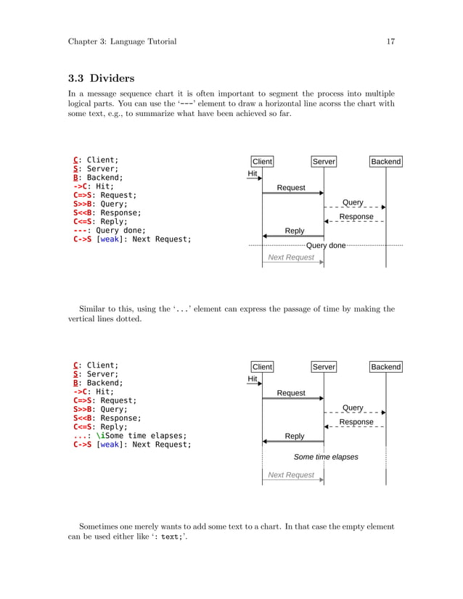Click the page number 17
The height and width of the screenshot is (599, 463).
pyautogui.click(x=390, y=41)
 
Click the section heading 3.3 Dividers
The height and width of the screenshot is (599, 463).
pyautogui.click(x=103, y=78)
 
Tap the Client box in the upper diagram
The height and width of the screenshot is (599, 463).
pyautogui.click(x=262, y=162)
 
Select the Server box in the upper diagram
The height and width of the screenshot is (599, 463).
pyautogui.click(x=324, y=162)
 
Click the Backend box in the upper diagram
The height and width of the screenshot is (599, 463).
pyautogui.click(x=385, y=162)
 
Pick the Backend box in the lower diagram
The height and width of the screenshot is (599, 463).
pyautogui.click(x=385, y=367)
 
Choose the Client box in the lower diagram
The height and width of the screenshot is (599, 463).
pyautogui.click(x=262, y=367)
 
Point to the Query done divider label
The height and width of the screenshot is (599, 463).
pyautogui.click(x=326, y=246)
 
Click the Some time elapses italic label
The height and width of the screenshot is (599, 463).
pyautogui.click(x=326, y=458)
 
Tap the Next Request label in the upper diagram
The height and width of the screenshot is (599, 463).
pyautogui.click(x=291, y=257)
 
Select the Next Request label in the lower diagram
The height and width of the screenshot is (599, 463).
pyautogui.click(x=291, y=475)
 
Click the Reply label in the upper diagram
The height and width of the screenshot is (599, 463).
pyautogui.click(x=295, y=231)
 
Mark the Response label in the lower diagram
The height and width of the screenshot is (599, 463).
pyautogui.click(x=356, y=422)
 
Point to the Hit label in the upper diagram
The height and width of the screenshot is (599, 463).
pyautogui.click(x=253, y=174)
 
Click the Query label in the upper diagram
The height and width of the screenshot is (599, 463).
pyautogui.click(x=353, y=202)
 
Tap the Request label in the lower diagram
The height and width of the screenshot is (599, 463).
pyautogui.click(x=291, y=393)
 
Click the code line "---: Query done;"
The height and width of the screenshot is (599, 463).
pyautogui.click(x=105, y=231)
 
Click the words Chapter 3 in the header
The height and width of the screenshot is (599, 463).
pyautogui.click(x=87, y=41)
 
